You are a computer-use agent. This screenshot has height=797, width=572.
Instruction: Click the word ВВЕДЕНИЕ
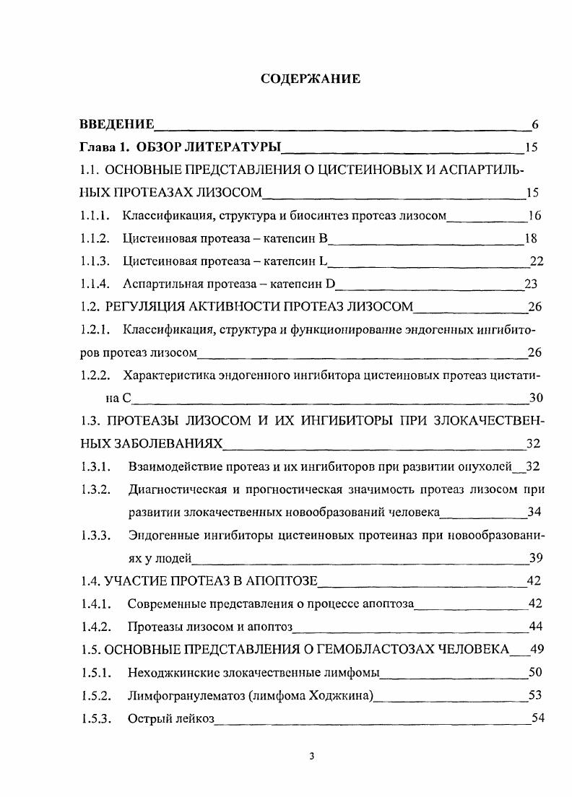(116, 124)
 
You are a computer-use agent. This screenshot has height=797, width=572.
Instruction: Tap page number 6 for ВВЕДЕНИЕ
(535, 124)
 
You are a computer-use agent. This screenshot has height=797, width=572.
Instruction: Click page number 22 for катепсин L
(536, 261)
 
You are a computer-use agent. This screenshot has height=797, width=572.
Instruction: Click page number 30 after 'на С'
(536, 398)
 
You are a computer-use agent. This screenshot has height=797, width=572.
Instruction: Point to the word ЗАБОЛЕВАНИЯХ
(150, 443)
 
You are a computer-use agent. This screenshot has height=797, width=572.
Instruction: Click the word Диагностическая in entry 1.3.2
(176, 489)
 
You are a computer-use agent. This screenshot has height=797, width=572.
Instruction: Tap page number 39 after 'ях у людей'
(536, 557)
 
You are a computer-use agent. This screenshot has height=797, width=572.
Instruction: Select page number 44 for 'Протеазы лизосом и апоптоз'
(536, 626)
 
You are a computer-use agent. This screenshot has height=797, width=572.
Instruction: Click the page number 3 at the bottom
(311, 757)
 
